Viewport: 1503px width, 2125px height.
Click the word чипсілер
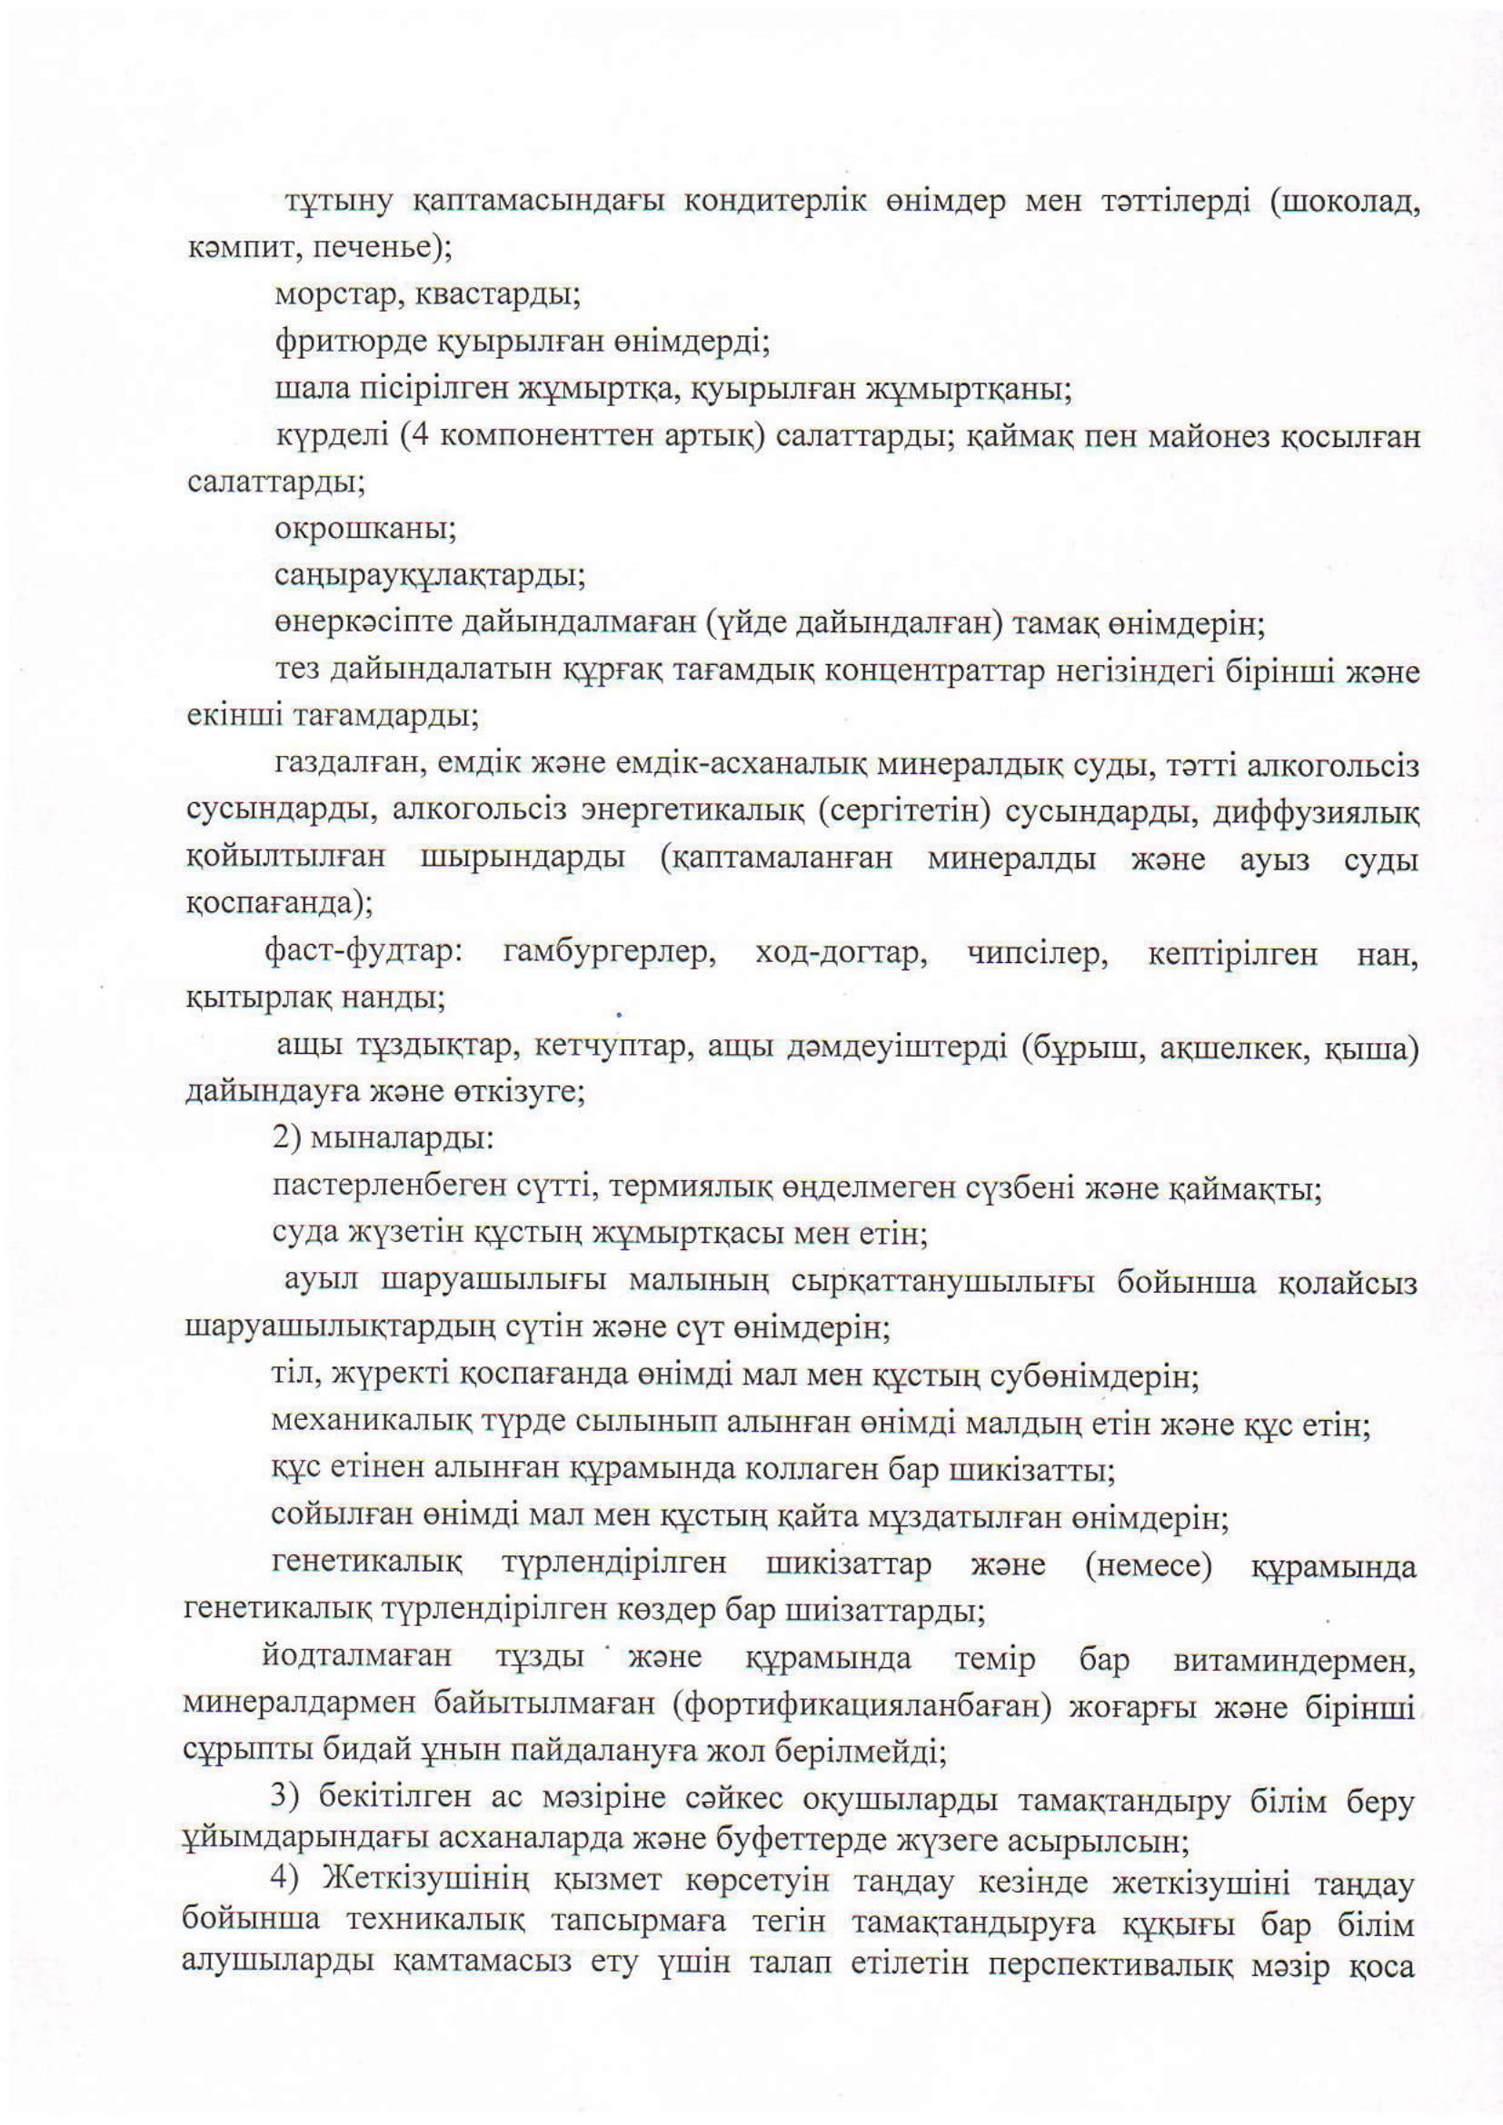point(1038,953)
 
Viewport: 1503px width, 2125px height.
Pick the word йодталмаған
point(357,1657)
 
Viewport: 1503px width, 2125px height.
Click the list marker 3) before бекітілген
point(284,1798)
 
